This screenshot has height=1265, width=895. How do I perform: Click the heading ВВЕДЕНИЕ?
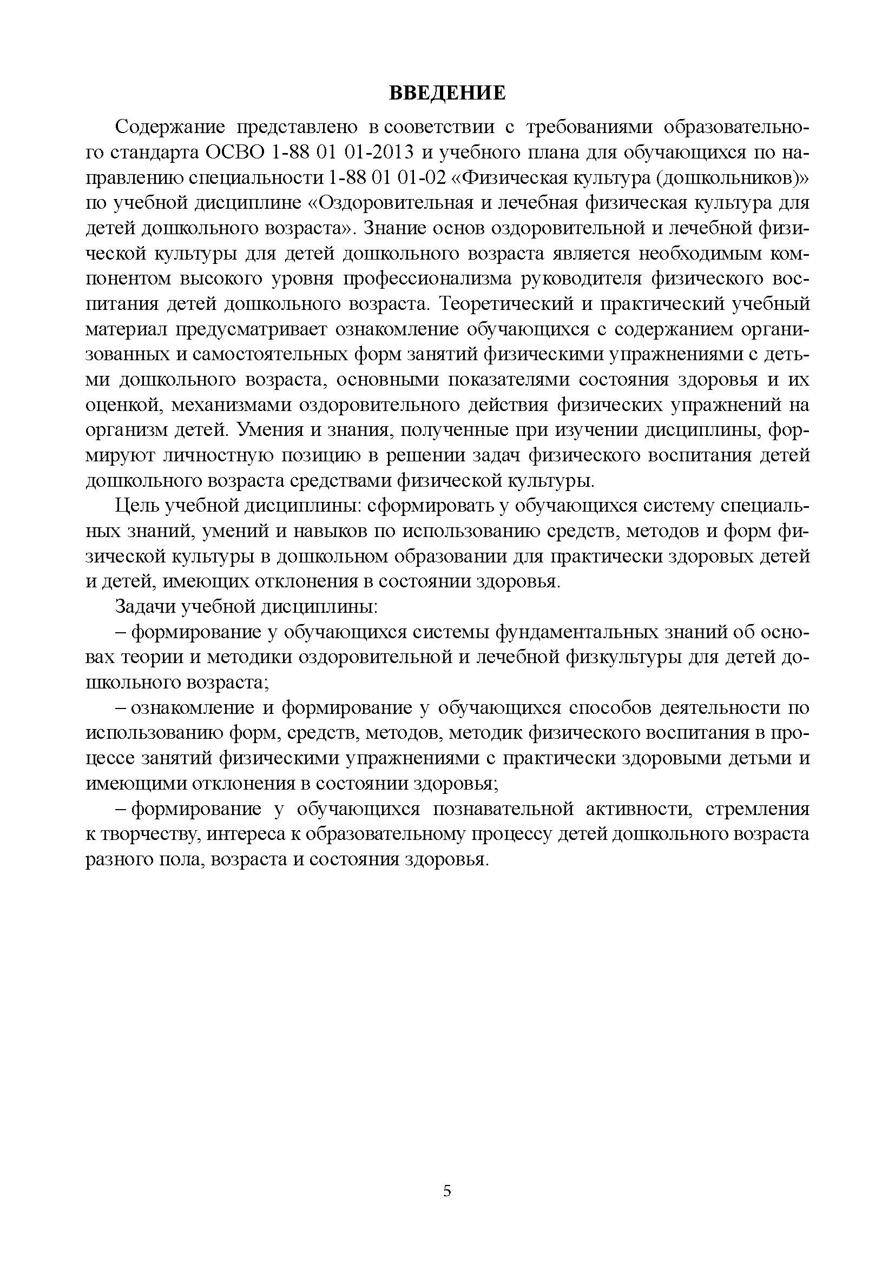click(x=447, y=93)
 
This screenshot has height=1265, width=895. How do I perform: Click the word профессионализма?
click(x=427, y=279)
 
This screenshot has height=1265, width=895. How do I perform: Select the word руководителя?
click(x=581, y=279)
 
